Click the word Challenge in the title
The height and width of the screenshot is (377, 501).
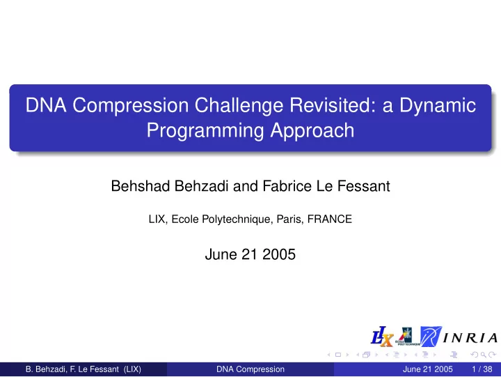(239, 105)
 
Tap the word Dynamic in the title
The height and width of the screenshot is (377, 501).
(438, 106)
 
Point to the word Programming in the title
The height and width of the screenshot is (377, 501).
(205, 131)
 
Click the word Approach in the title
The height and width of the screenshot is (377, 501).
(312, 131)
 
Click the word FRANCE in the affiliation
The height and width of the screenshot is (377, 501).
(329, 220)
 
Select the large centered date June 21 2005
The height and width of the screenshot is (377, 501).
(250, 254)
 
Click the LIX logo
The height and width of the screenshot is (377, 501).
(382, 337)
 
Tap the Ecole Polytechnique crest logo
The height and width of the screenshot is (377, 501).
(407, 337)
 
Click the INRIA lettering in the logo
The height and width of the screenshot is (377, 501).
(470, 338)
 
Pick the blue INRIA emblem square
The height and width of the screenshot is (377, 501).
(431, 337)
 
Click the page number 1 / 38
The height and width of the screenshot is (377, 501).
(482, 369)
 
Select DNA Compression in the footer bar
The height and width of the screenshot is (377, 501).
(250, 369)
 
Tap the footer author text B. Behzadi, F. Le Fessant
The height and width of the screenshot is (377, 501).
(72, 369)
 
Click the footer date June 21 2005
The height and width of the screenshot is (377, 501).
(427, 369)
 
